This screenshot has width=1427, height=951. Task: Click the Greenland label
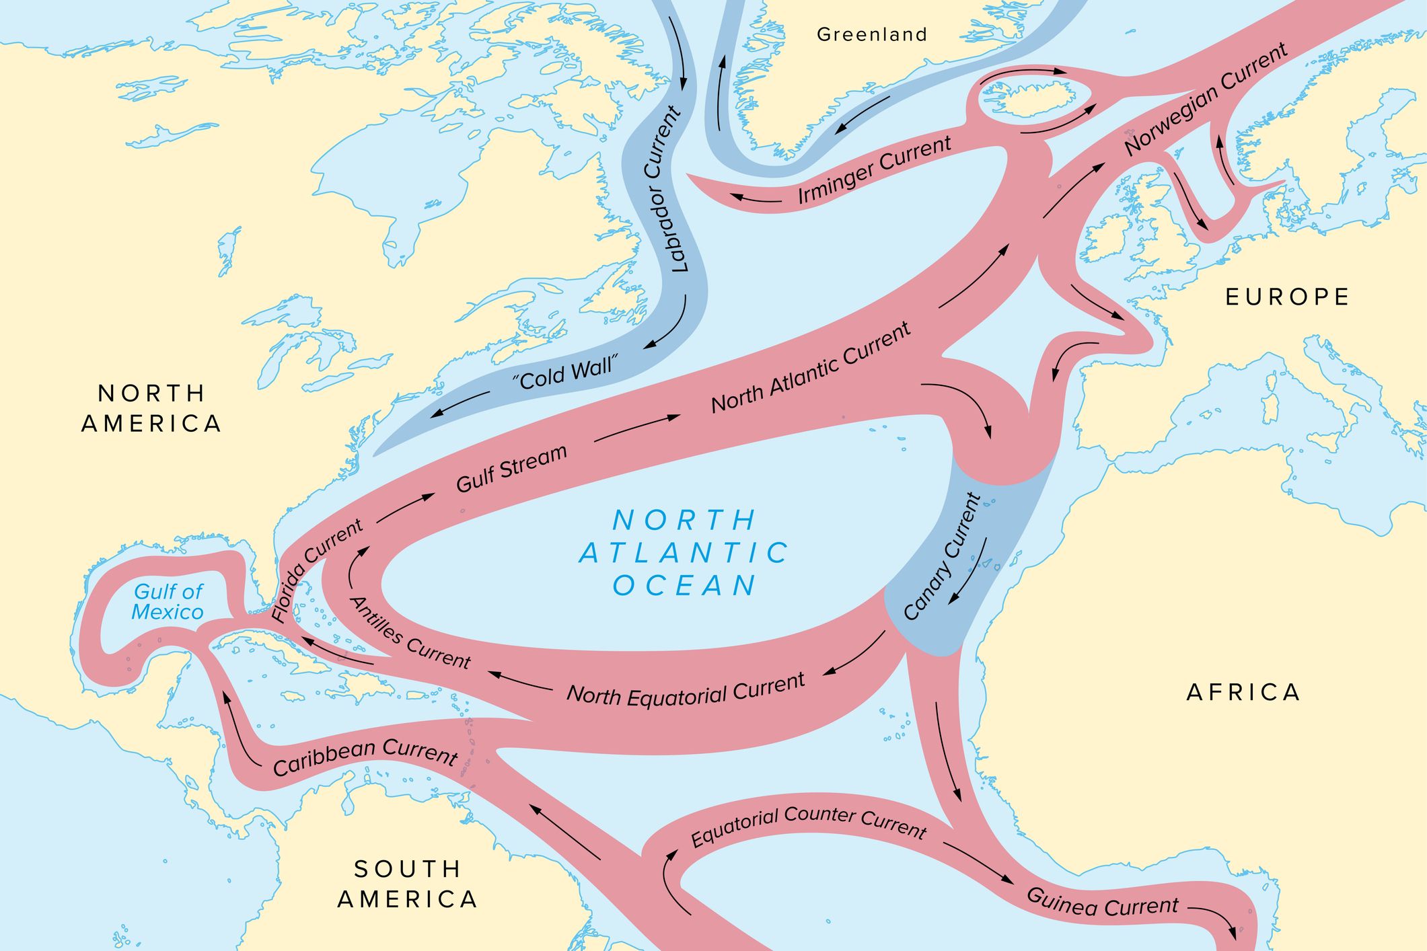(x=872, y=34)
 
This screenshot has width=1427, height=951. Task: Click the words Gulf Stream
(x=511, y=469)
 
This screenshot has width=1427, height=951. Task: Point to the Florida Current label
(x=316, y=570)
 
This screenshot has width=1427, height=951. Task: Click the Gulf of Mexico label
(x=168, y=602)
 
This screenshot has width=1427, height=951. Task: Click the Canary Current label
(x=942, y=557)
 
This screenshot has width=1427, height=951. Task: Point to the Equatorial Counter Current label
(x=809, y=826)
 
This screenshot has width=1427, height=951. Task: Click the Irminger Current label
(x=874, y=169)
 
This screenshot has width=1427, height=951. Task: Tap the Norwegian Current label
(x=1205, y=98)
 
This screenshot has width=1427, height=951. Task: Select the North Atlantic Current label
(x=811, y=368)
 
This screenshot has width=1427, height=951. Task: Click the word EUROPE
(x=1287, y=297)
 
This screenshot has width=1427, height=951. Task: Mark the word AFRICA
(x=1243, y=692)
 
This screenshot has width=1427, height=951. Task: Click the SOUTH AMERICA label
(x=408, y=884)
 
